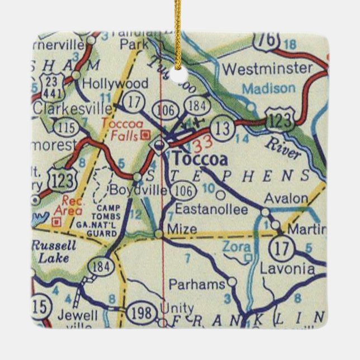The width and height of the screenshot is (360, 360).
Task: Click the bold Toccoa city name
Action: [200, 160]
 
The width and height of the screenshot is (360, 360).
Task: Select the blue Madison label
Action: [268, 88]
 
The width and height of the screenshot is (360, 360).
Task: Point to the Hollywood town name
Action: [115, 84]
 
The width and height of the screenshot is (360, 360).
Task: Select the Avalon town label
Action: [286, 198]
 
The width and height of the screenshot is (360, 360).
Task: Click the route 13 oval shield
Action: [223, 129]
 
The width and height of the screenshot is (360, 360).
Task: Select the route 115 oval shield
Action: [68, 127]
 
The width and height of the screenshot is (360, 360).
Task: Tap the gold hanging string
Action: [178, 28]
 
